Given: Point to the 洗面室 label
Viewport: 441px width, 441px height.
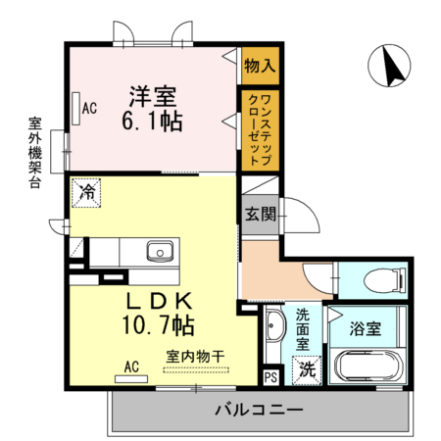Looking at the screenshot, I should point(303,329).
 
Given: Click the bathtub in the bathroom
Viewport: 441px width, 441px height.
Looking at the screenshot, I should point(367,368).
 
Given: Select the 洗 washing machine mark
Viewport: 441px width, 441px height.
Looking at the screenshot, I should point(307,369).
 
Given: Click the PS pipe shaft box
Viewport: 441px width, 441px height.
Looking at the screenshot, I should point(271,375).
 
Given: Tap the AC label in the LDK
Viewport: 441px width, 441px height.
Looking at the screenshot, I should point(130,367).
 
